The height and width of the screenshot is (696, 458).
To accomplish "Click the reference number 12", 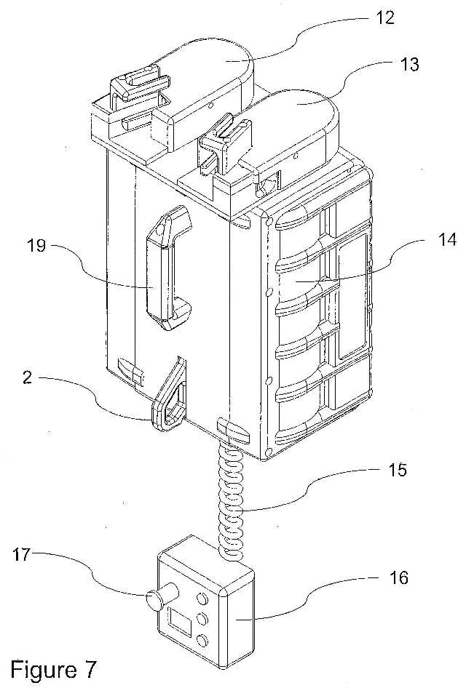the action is tap(384, 17).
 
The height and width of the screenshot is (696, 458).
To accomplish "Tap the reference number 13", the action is tap(408, 64).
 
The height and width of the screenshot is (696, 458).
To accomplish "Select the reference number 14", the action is tap(446, 240).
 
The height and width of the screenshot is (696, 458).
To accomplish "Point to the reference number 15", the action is tap(396, 470).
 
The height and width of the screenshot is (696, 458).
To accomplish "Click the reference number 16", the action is tap(398, 577).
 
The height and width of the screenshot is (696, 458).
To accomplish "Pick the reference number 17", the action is tap(21, 554).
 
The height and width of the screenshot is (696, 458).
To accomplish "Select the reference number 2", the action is tap(28, 377).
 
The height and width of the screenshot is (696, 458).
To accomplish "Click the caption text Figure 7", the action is tap(53, 670).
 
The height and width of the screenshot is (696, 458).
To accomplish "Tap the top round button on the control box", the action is tap(202, 599).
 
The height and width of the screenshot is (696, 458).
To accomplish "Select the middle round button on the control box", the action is tap(202, 619).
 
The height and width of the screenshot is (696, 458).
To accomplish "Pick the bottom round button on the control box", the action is tap(202, 641).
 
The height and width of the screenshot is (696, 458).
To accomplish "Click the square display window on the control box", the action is tap(179, 619).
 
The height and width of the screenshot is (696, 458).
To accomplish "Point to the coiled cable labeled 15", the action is tap(231, 498).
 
